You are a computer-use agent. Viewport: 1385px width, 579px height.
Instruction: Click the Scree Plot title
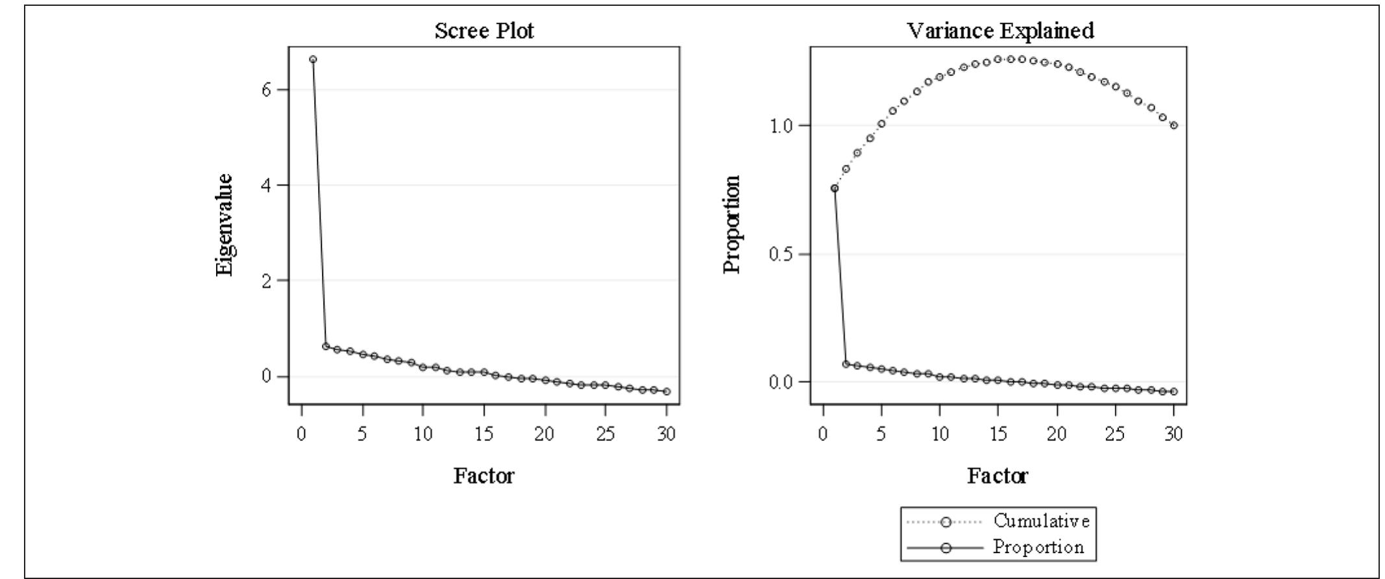pos(484,31)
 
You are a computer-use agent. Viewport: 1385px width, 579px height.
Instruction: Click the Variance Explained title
pos(999,31)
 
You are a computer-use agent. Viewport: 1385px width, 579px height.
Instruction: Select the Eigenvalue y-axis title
pos(224,225)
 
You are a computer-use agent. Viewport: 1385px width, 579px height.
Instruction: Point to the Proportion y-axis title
pos(731,225)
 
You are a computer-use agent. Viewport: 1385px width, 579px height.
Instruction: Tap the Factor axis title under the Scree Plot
pos(484,476)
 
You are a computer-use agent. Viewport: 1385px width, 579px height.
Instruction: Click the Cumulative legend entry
pos(1041,521)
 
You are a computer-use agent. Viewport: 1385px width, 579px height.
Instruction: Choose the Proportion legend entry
pos(1038,547)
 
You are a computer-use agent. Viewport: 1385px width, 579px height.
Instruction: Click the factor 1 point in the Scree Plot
pos(313,59)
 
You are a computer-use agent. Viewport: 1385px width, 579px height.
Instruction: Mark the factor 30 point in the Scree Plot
pos(667,391)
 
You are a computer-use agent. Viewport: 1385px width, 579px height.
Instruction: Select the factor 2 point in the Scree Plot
pos(325,346)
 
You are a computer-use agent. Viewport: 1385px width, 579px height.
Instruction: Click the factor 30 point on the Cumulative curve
pos(1174,125)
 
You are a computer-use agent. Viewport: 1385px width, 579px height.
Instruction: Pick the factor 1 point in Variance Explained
pos(835,188)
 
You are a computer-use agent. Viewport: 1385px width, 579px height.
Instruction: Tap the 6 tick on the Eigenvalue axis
pos(267,90)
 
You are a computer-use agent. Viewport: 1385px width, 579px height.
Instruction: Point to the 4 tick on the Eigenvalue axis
pos(267,185)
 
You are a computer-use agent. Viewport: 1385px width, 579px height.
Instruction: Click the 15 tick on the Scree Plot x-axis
pos(484,434)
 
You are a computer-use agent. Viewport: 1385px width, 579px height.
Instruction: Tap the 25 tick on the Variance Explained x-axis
pos(1115,434)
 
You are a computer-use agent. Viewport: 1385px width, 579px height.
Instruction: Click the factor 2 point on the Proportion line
pos(846,364)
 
